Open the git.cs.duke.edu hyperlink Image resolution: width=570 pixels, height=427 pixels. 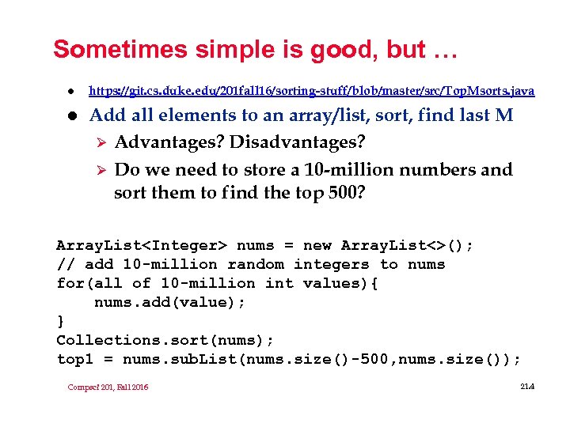click(311, 91)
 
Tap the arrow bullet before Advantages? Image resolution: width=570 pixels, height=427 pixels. click(99, 143)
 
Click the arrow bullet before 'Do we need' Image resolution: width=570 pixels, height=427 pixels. click(99, 170)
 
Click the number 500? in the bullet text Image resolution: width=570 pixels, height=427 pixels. click(345, 192)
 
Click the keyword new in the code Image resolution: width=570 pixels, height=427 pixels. click(316, 245)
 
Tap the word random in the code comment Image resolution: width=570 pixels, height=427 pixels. click(257, 264)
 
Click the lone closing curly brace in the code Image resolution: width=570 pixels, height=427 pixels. click(60, 321)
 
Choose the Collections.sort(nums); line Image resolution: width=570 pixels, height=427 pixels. click(165, 340)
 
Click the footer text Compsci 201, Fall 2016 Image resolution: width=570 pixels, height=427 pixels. click(108, 387)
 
